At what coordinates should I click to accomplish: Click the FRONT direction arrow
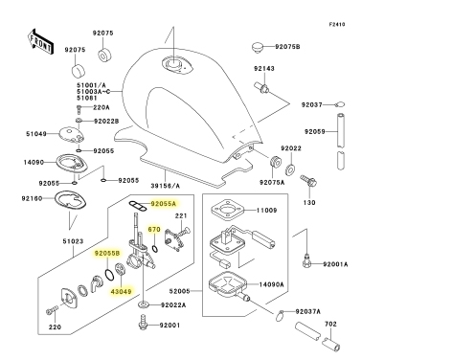[x=40, y=41]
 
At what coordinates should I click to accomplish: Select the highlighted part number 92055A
[x=164, y=204]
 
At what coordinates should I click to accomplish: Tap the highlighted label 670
[x=154, y=229]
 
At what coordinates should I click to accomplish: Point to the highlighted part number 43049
[x=121, y=291]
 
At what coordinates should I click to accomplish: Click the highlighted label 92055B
[x=107, y=254]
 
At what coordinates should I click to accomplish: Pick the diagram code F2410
[x=337, y=24]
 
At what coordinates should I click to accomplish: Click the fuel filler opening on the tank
[x=174, y=65]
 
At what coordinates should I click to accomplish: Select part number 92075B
[x=287, y=47]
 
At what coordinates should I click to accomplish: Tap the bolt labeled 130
[x=308, y=181]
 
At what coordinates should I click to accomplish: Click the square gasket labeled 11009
[x=227, y=210]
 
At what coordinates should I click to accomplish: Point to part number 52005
[x=179, y=291]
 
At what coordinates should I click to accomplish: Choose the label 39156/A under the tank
[x=166, y=186]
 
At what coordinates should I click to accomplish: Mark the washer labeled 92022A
[x=144, y=304]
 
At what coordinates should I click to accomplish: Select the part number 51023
[x=73, y=241]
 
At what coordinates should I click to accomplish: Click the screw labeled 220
[x=53, y=309]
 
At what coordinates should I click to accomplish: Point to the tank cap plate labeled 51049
[x=72, y=135]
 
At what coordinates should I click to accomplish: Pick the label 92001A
[x=335, y=264]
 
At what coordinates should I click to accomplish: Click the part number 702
[x=330, y=324]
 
